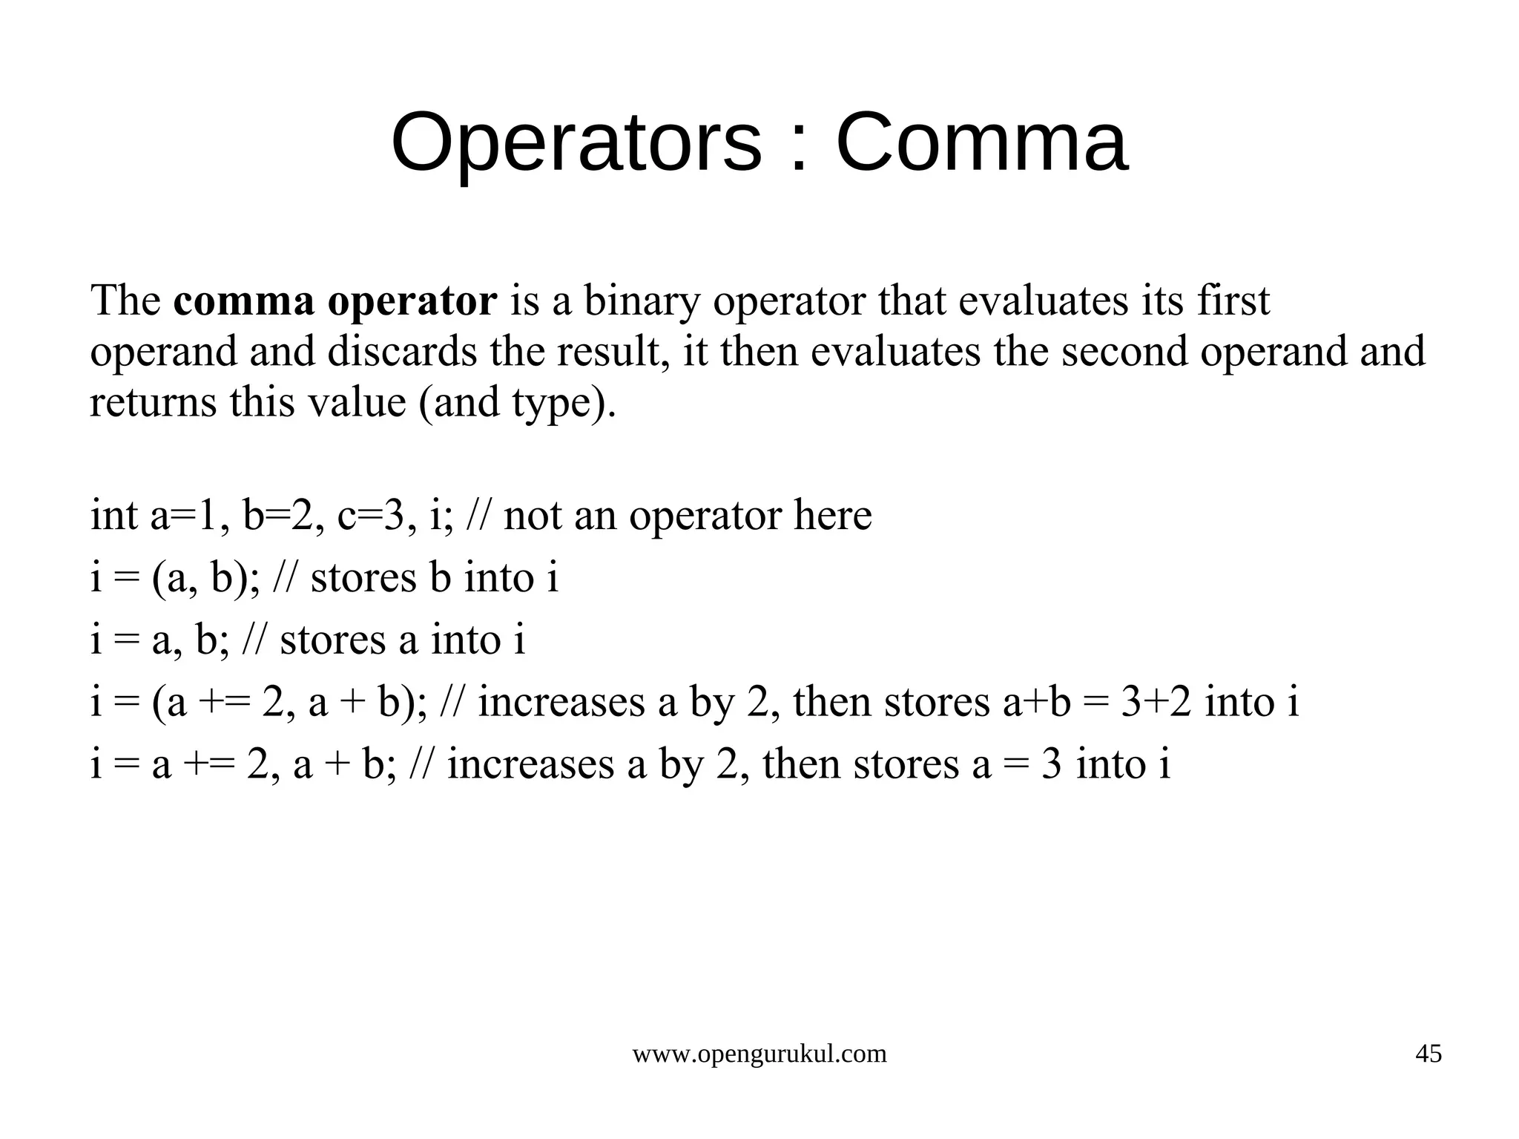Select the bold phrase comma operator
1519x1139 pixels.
[x=335, y=301]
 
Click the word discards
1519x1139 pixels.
[x=402, y=351]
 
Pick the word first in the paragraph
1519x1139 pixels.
[x=1233, y=301]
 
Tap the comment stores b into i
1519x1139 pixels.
[x=434, y=578]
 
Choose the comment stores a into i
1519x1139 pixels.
[x=402, y=640]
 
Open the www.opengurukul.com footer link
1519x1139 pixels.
[x=759, y=1054]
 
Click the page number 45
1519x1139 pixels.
[x=1429, y=1054]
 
